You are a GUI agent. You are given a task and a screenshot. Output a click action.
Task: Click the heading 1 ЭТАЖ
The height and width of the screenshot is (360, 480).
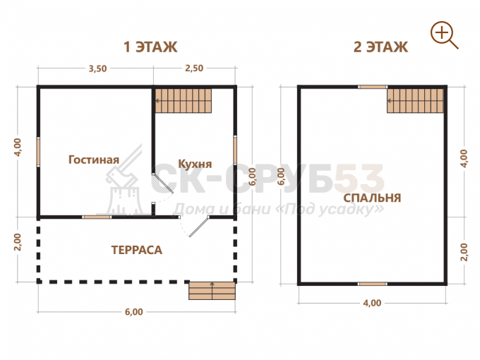[150, 47]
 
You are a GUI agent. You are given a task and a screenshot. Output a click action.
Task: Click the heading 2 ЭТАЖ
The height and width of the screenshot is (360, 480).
[380, 47]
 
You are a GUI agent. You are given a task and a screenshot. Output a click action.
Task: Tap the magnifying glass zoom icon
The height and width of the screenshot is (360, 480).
[444, 35]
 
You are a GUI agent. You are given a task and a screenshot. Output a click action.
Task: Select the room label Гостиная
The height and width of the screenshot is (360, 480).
[94, 160]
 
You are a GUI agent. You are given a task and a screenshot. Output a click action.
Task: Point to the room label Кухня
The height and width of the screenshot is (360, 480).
[195, 164]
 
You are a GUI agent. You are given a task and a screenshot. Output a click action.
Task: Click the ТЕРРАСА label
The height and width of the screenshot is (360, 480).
[136, 250]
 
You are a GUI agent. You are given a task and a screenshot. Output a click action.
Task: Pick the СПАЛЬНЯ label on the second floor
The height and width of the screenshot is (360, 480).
[372, 198]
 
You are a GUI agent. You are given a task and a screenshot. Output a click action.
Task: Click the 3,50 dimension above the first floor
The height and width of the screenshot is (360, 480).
[97, 68]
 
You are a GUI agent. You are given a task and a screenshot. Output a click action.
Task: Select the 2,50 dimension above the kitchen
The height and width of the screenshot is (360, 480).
[194, 68]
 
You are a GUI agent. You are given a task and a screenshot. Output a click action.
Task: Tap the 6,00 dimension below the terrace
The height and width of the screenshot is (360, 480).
[134, 312]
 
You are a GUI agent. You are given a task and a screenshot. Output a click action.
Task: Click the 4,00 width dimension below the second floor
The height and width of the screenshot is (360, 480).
[372, 303]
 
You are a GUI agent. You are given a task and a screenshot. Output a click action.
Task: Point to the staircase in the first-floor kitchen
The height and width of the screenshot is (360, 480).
[184, 101]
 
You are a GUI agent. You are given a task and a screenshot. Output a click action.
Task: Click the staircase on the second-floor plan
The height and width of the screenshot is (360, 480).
[415, 101]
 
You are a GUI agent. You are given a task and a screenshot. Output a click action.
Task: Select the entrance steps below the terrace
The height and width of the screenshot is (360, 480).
[212, 291]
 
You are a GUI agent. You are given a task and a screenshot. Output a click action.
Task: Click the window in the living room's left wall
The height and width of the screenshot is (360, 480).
[39, 152]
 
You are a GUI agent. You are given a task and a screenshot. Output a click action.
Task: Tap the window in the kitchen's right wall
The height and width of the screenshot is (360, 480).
[235, 150]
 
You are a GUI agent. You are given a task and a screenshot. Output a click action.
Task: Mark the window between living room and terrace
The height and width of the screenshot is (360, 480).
[97, 217]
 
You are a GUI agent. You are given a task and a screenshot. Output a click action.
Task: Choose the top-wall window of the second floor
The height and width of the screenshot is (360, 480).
[373, 87]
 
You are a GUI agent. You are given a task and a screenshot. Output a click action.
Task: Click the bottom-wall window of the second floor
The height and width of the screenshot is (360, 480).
[373, 284]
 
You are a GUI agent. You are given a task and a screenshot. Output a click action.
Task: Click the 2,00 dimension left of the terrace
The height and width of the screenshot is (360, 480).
[18, 242]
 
